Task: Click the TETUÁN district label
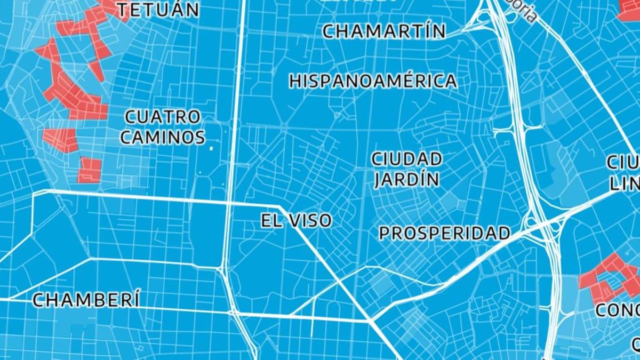(x=158, y=9)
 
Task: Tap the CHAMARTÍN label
(x=384, y=31)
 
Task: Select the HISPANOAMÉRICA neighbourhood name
(x=373, y=81)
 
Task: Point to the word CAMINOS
(x=162, y=137)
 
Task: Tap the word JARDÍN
(x=406, y=179)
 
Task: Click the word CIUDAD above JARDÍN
(x=406, y=159)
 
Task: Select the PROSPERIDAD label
(x=444, y=233)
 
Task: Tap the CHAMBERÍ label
(x=86, y=300)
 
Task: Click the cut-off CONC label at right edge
(x=617, y=310)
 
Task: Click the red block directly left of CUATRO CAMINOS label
(x=61, y=139)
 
